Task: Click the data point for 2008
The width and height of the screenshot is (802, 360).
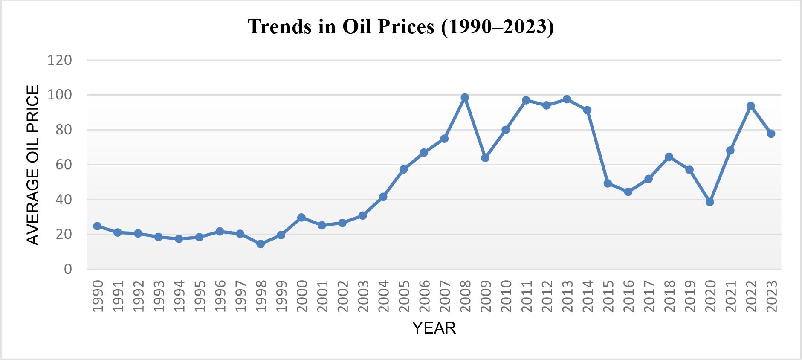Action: (465, 97)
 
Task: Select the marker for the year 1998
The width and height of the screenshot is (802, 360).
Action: (261, 244)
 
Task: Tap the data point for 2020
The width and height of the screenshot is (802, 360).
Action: (710, 202)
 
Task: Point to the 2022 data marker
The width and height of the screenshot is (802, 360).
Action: (751, 106)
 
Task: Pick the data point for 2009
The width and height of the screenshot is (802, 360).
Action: (485, 158)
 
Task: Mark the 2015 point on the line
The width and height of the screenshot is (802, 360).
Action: (608, 183)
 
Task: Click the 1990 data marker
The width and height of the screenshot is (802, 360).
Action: (97, 226)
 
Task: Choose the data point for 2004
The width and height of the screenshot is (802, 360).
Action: (383, 197)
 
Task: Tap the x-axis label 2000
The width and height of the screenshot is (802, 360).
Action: (302, 296)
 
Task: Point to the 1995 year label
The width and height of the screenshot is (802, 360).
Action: (200, 296)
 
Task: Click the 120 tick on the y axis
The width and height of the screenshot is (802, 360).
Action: (60, 60)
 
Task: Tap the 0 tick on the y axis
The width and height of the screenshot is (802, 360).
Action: (68, 269)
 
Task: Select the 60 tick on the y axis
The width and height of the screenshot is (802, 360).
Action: (63, 165)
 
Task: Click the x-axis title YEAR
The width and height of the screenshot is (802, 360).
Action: (434, 328)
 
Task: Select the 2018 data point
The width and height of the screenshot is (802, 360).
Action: (669, 157)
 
